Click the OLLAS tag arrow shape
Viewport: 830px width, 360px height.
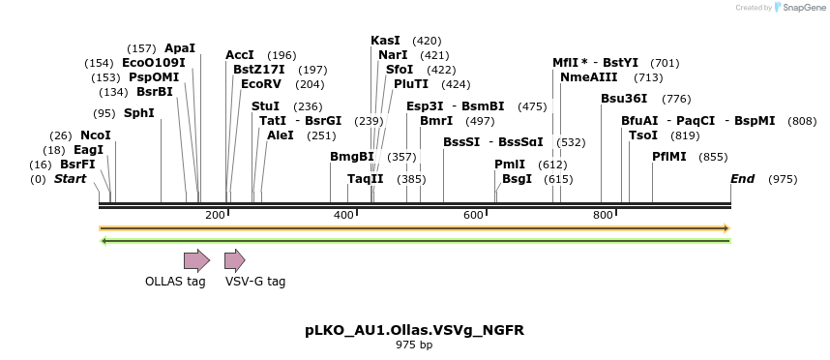(x=196, y=259)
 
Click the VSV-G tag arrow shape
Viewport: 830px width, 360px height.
(x=234, y=259)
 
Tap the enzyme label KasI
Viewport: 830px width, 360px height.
(x=385, y=41)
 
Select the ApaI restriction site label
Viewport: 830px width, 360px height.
(x=180, y=47)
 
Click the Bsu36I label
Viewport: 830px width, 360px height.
(x=624, y=98)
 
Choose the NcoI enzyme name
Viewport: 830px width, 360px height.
(x=96, y=135)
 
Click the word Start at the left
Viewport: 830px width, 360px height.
(x=70, y=179)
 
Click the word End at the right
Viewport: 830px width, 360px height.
(x=742, y=179)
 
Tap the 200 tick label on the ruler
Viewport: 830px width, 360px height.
(x=215, y=215)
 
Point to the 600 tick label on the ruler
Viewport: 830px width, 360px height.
(x=473, y=215)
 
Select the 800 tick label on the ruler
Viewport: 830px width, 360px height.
(x=603, y=215)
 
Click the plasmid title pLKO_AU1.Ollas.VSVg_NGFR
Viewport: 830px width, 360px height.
(x=414, y=330)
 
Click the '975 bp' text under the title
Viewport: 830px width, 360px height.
(x=414, y=345)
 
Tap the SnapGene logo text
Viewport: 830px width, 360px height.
(x=803, y=8)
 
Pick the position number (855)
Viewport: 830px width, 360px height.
(x=713, y=156)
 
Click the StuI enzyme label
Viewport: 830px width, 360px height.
(x=265, y=105)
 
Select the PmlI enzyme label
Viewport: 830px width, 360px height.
(x=510, y=165)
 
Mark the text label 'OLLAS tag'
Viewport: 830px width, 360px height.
(x=175, y=282)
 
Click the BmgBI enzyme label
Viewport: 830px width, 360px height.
(x=352, y=156)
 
